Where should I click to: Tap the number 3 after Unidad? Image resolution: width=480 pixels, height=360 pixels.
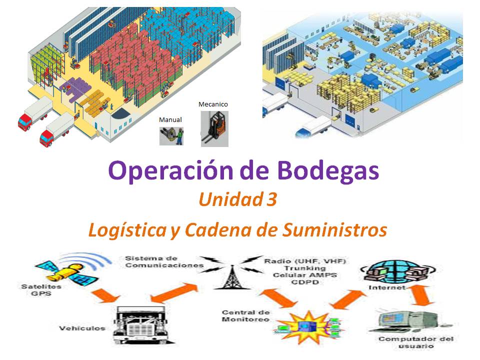coord(271,200)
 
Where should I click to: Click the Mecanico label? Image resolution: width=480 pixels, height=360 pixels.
coord(213,104)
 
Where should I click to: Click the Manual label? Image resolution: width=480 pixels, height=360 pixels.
coord(170,120)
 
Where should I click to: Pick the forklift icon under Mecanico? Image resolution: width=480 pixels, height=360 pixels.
coord(214,129)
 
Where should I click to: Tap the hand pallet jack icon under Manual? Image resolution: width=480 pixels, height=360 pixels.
coord(171,135)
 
